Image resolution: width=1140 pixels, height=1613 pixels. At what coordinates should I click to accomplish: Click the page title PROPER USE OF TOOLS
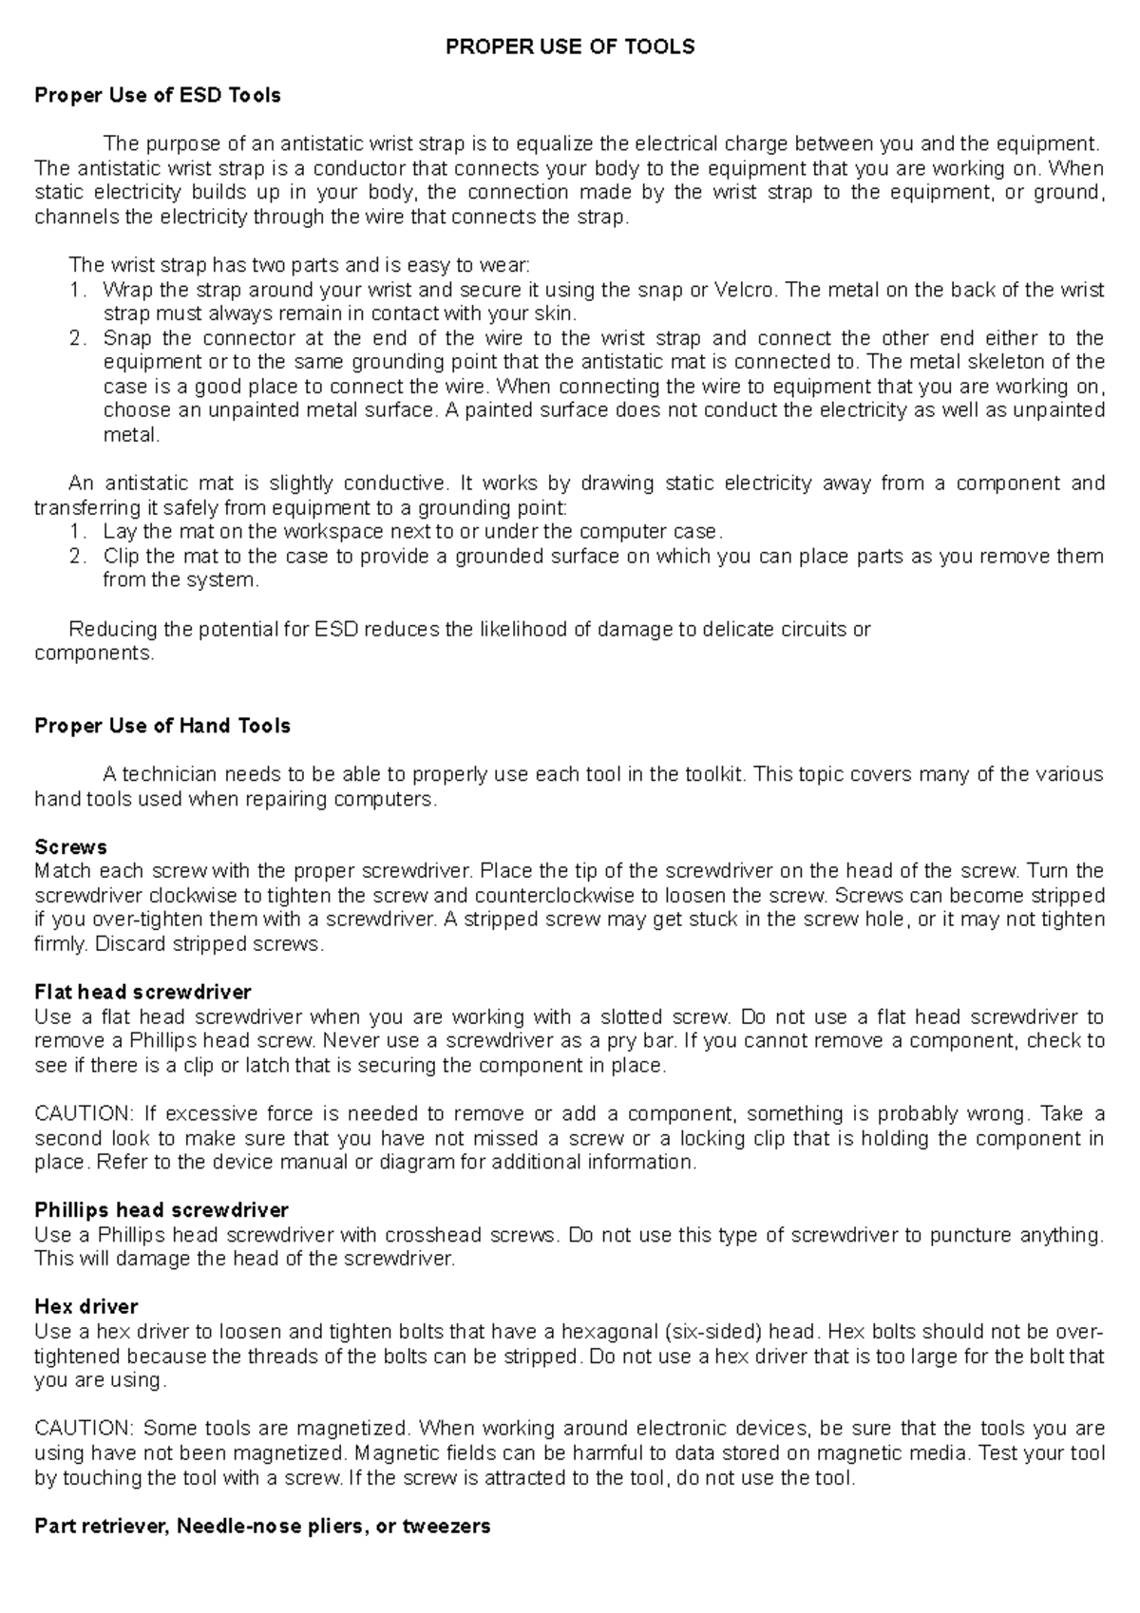click(x=570, y=47)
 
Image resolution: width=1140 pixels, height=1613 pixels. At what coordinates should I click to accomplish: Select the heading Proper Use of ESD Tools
click(x=158, y=95)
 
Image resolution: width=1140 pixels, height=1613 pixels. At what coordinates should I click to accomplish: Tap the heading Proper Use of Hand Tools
click(x=162, y=726)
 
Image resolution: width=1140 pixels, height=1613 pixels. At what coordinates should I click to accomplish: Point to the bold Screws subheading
click(x=70, y=846)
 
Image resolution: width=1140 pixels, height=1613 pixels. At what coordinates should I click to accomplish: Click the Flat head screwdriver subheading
click(x=142, y=993)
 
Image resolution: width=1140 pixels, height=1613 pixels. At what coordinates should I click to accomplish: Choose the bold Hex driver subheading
click(x=86, y=1306)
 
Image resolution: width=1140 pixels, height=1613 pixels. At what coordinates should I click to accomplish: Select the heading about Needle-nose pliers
click(x=262, y=1527)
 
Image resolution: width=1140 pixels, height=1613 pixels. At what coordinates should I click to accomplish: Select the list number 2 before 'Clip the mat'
click(x=77, y=557)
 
